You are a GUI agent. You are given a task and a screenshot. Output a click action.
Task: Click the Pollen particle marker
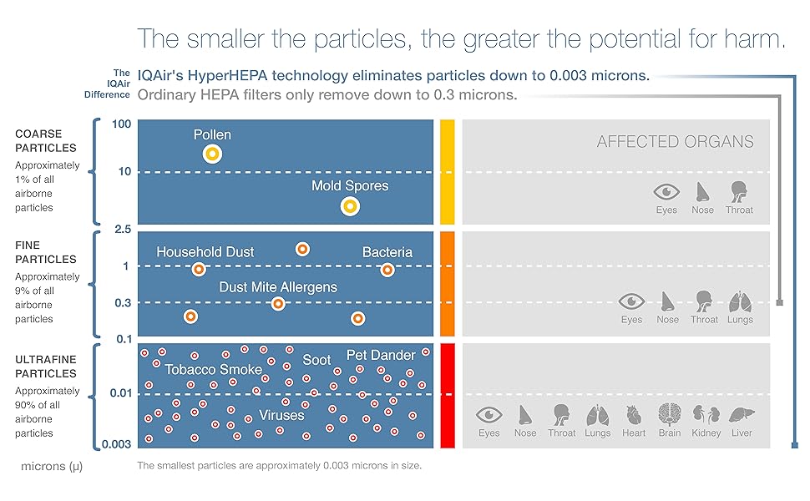212,153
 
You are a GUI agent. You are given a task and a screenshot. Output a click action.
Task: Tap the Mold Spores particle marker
350,205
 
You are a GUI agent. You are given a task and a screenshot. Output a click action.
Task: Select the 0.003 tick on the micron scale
116,444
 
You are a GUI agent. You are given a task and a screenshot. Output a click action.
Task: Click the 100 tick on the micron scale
122,124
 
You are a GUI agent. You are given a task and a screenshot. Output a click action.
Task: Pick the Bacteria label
387,252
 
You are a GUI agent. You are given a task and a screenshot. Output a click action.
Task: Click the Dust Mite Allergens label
278,287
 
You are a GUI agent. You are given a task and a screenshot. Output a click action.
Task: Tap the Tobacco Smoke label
213,369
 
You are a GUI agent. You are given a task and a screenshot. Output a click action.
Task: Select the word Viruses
281,415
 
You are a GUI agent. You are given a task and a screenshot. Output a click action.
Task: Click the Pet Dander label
381,356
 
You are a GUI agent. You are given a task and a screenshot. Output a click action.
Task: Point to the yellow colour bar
448,172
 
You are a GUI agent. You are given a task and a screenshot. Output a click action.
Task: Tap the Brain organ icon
670,415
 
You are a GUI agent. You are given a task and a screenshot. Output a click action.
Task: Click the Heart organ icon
634,415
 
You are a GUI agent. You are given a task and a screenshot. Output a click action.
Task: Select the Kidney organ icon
706,415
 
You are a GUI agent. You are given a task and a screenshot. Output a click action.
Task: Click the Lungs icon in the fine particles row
740,301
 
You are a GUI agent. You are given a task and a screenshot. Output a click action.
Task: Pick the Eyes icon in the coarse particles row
666,190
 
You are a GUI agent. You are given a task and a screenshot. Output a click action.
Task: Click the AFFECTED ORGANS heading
675,142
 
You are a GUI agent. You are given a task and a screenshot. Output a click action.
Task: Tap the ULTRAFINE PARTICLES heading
47,367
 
